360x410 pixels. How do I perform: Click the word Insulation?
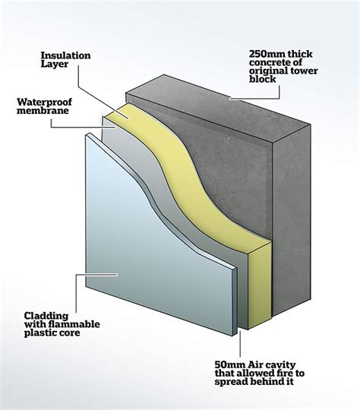click(65, 55)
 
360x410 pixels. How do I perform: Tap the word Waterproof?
click(44, 102)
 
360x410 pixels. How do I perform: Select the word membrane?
click(43, 111)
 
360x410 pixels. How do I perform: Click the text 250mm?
click(266, 54)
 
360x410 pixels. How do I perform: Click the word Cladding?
click(46, 316)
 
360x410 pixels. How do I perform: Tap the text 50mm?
click(229, 364)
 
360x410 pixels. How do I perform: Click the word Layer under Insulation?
click(55, 65)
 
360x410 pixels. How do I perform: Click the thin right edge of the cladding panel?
click(235, 301)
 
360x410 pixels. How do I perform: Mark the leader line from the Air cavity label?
click(240, 343)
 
